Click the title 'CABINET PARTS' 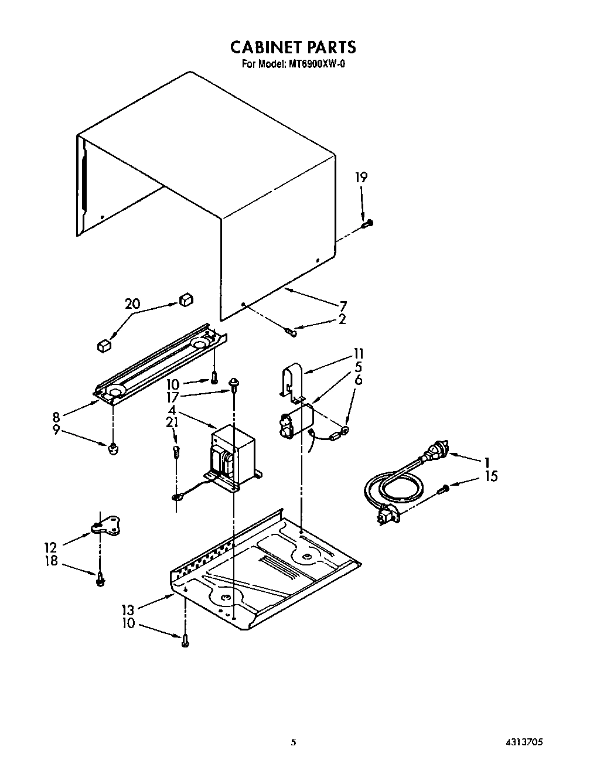coord(292,47)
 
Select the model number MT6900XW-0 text coord(316,64)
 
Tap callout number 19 coord(362,178)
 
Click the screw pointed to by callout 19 coord(367,223)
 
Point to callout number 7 coord(343,305)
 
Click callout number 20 coord(132,304)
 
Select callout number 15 coord(491,476)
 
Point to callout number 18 coord(52,561)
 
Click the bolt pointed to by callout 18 coord(101,579)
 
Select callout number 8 coord(56,417)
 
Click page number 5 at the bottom coord(294,741)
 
